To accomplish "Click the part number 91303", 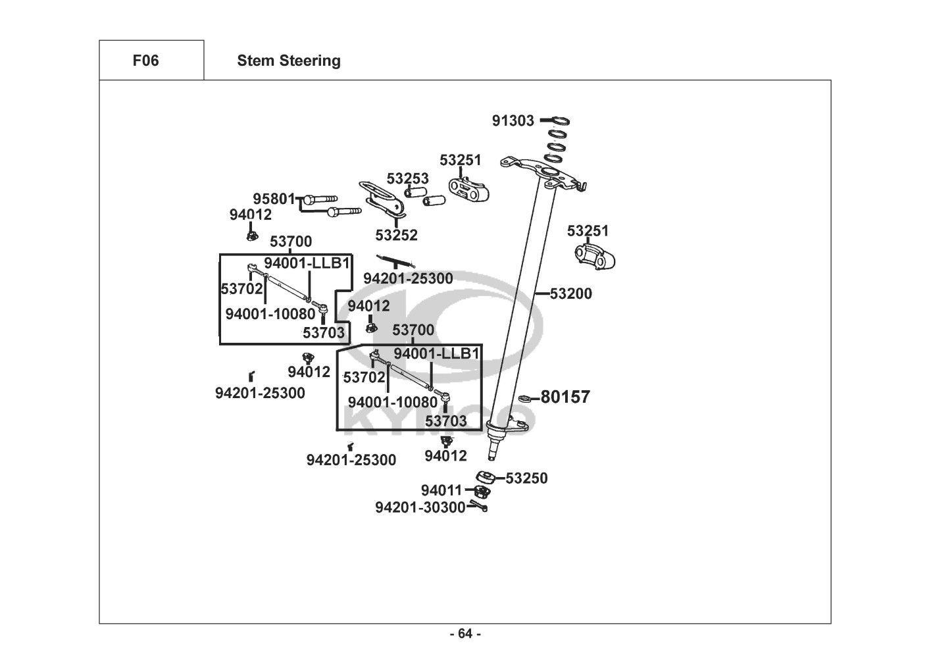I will pos(513,121).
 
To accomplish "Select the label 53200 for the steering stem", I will pos(570,294).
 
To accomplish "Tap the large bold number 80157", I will pos(565,397).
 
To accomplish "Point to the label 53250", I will pos(526,478).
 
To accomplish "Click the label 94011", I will pos(442,491).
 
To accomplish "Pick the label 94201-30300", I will pos(420,507).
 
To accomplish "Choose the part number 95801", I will pos(274,199).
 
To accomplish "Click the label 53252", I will pos(396,235).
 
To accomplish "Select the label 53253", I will pos(407,179).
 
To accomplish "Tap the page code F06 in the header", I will pos(145,61).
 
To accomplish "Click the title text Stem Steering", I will pos(289,61).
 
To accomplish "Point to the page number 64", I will pos(465,634).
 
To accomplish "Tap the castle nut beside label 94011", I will pos(484,491).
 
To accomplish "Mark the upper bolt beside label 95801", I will pos(320,198).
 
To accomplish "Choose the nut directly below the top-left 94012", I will pos(251,235).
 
